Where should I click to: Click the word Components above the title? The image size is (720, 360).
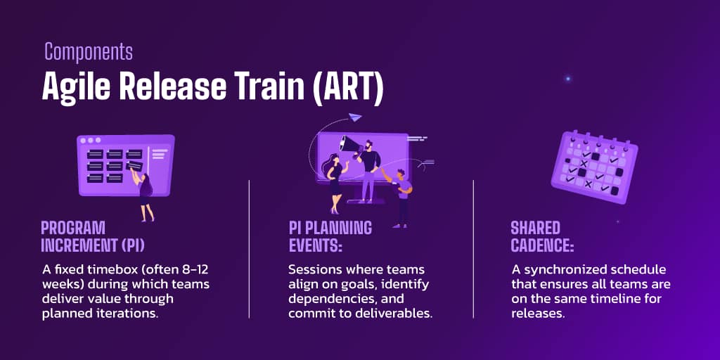pyautogui.click(x=89, y=51)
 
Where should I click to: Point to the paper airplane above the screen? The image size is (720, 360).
pyautogui.click(x=355, y=117)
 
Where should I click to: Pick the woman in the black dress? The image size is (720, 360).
pyautogui.click(x=335, y=184)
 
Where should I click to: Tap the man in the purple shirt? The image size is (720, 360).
pyautogui.click(x=401, y=197)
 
